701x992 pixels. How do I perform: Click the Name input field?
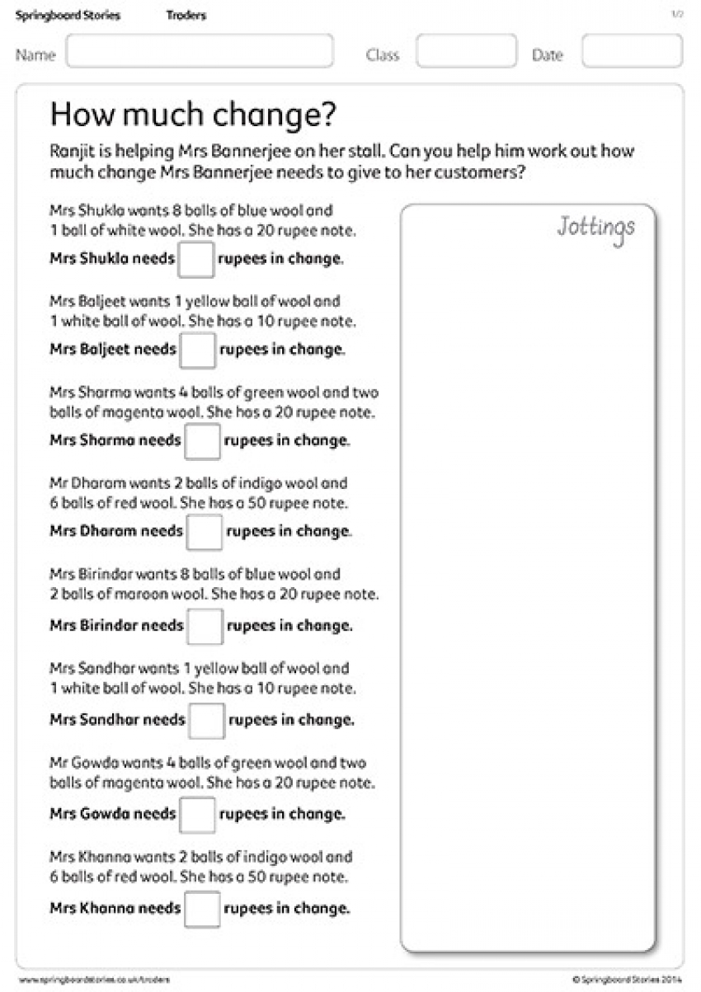(200, 51)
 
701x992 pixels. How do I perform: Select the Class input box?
(466, 51)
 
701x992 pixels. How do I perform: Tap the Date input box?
(632, 51)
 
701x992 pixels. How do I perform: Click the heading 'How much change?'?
(193, 115)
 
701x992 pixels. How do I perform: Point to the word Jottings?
(595, 227)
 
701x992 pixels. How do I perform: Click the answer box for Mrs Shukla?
(196, 259)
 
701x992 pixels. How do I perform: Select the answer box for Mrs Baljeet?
(198, 350)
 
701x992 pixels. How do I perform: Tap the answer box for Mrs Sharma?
(202, 441)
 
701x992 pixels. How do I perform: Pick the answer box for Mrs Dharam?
(204, 532)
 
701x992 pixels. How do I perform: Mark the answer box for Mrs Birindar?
(205, 626)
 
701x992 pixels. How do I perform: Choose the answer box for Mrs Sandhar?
(206, 720)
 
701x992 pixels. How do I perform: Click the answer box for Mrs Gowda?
(198, 815)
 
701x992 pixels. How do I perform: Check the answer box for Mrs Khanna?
(202, 909)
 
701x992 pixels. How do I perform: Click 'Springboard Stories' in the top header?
(68, 16)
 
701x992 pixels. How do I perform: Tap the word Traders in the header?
(186, 16)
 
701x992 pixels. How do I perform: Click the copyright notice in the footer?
(628, 979)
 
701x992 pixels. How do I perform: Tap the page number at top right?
(678, 15)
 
